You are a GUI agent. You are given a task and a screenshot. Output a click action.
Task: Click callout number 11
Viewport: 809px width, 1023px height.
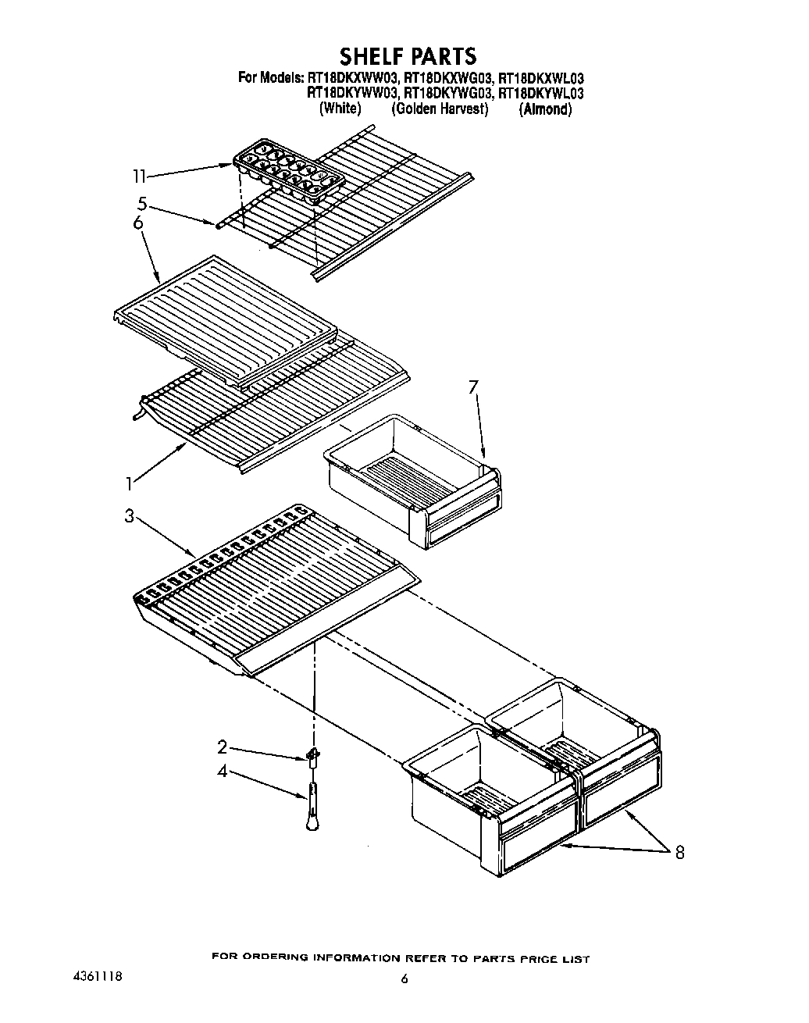(x=139, y=177)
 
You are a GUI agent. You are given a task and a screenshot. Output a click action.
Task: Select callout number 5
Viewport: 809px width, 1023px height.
(x=141, y=204)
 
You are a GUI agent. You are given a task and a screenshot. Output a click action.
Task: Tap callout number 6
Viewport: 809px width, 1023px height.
(x=138, y=223)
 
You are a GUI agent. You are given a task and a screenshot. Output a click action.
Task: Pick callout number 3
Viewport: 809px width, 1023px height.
(x=130, y=517)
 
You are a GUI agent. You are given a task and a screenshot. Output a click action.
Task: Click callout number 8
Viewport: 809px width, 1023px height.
(x=679, y=853)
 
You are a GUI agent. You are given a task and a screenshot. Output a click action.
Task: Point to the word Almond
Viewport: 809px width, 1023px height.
(x=545, y=109)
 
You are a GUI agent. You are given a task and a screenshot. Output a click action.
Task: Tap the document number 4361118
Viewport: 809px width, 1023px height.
(x=94, y=976)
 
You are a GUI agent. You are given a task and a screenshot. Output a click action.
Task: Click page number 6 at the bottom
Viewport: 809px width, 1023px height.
(x=404, y=979)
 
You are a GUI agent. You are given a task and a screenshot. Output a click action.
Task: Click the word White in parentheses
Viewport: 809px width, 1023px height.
(x=340, y=109)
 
